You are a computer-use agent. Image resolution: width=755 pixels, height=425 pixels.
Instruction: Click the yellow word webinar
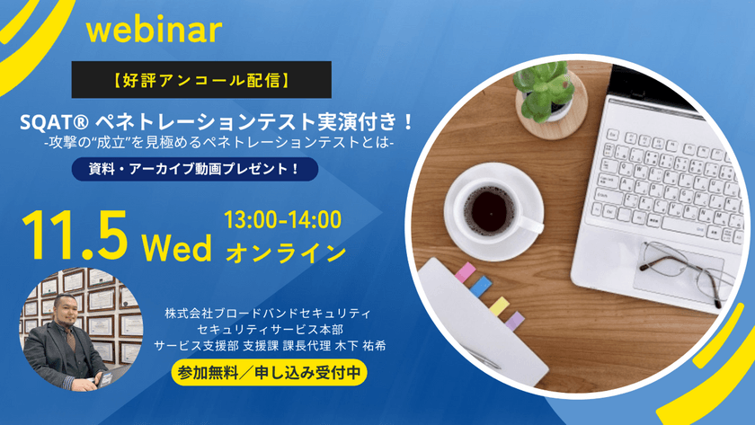coord(154,30)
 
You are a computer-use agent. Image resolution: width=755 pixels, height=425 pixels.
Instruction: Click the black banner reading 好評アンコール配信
coord(201,80)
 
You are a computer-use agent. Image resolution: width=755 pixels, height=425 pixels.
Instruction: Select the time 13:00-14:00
coord(283,217)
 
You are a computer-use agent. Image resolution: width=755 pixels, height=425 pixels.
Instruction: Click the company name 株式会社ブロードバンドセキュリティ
coord(268,314)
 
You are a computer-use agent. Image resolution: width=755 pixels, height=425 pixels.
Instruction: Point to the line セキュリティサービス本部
coord(268,329)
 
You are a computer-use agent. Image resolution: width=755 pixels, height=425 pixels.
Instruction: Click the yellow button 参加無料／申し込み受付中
coord(268,371)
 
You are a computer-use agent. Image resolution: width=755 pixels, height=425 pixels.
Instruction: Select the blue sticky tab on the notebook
coord(483,287)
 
